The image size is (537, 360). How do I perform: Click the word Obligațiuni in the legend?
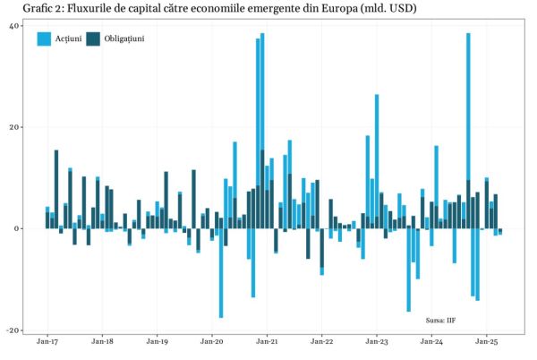pyautogui.click(x=124, y=39)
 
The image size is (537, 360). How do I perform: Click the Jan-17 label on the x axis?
pyautogui.click(x=48, y=342)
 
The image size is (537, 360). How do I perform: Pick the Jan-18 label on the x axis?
pyautogui.click(x=103, y=342)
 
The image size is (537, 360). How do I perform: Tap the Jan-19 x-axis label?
pyautogui.click(x=158, y=342)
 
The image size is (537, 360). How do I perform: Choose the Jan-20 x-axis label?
pyautogui.click(x=213, y=342)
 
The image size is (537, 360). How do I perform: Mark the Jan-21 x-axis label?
pyautogui.click(x=268, y=342)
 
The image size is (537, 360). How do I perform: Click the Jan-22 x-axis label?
pyautogui.click(x=322, y=342)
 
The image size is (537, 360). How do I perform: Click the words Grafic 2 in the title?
pyautogui.click(x=26, y=9)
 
